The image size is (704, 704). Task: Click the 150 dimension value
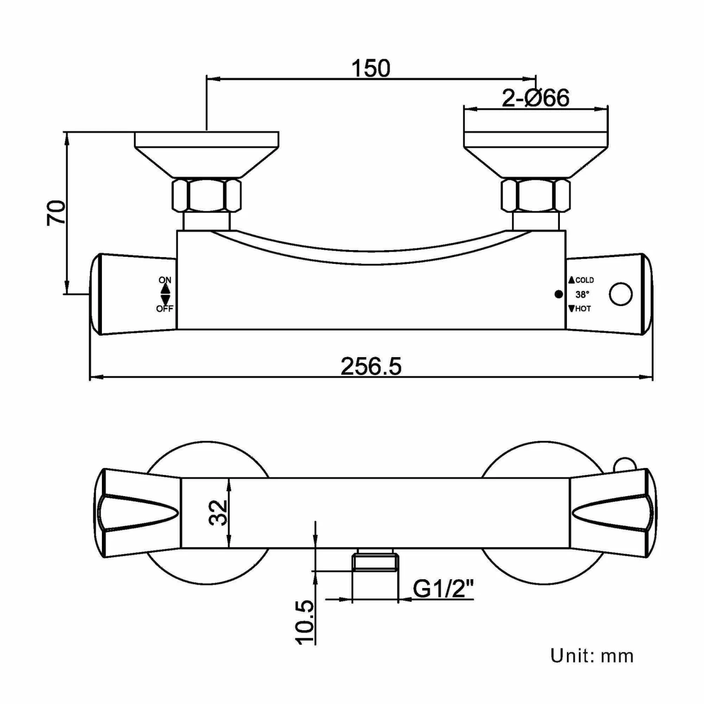(371, 69)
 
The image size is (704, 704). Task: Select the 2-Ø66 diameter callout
(536, 98)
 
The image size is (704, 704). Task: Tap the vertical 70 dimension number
(56, 213)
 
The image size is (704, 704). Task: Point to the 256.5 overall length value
(371, 367)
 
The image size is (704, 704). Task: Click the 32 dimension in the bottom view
(218, 513)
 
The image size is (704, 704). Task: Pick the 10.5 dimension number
(305, 622)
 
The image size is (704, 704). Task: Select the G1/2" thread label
(444, 589)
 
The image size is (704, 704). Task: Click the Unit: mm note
(592, 656)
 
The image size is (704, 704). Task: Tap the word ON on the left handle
(165, 280)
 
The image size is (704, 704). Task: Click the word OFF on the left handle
(165, 309)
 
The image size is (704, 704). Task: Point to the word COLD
(584, 280)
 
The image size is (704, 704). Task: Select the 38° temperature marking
(582, 295)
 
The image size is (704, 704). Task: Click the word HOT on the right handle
(582, 309)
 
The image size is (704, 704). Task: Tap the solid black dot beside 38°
(559, 294)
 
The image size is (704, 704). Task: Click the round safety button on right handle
(620, 294)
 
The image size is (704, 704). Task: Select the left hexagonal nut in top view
(207, 195)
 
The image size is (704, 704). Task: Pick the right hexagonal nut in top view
(536, 195)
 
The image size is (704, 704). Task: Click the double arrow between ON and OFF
(165, 294)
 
